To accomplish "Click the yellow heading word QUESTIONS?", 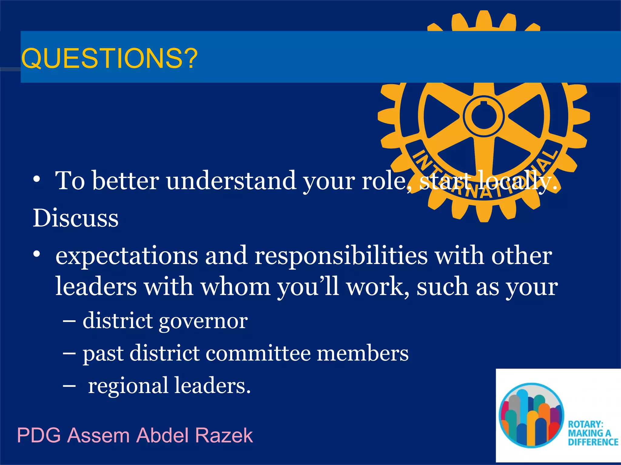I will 109,58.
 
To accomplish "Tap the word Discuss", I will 76,218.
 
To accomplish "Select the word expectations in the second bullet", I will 127,256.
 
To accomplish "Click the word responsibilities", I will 341,256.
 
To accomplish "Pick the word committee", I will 258,354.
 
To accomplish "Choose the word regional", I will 128,386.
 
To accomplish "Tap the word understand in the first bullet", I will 231,181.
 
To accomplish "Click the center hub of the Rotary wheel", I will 483,117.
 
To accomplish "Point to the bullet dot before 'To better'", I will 37,179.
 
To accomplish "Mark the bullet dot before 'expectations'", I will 37,254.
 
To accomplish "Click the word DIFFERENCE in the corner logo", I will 593,442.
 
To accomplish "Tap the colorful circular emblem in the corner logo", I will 531,415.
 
